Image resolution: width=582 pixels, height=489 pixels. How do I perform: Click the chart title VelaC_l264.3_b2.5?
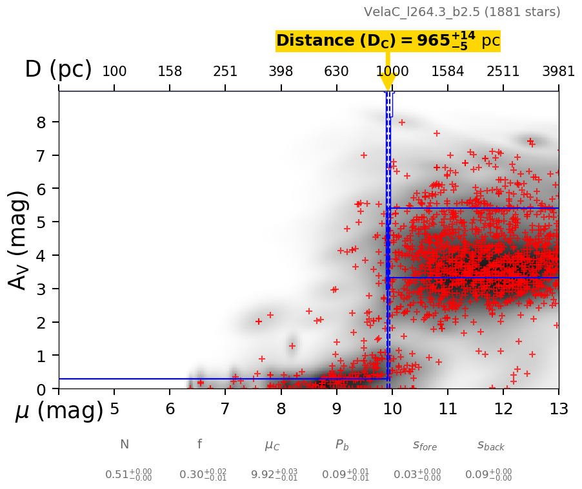462,12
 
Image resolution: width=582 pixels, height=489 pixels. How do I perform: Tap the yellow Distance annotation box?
388,41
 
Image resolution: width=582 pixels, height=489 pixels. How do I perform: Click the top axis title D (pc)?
58,70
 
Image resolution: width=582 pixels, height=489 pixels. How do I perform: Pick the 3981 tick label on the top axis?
558,71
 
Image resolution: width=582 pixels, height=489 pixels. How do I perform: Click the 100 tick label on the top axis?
114,71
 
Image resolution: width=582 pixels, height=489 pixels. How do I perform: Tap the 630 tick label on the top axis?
336,71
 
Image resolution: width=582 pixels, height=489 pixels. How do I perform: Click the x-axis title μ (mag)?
59,410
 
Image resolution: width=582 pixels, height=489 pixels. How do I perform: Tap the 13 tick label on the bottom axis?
558,409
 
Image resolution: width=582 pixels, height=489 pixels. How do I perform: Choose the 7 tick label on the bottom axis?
225,409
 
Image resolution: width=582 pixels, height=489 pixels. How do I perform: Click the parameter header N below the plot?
125,445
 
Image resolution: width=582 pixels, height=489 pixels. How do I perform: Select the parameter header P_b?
342,445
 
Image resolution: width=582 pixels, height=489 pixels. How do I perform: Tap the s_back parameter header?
490,445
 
